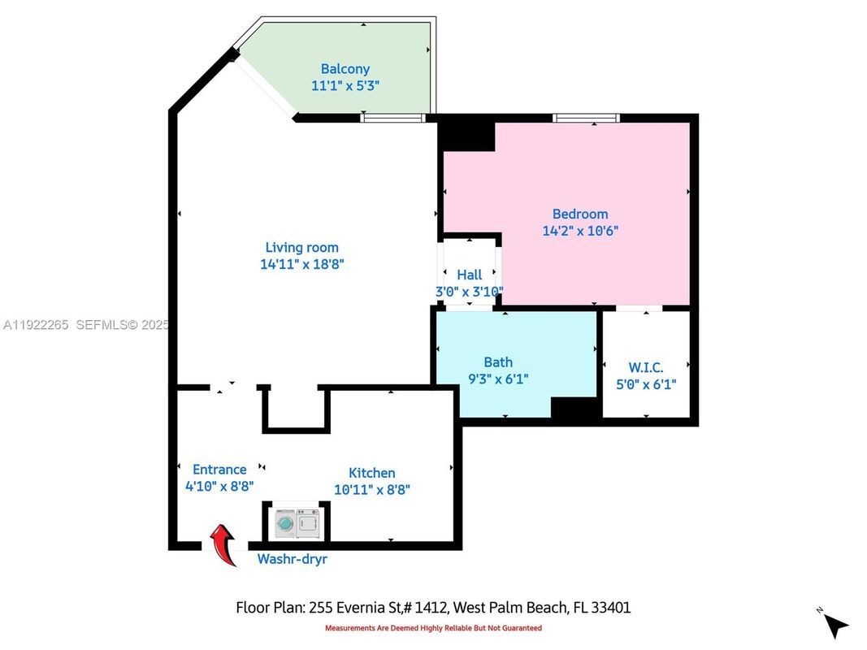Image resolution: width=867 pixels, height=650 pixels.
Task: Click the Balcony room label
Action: (x=345, y=69)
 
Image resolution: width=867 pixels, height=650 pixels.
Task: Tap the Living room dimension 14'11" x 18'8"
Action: (x=302, y=263)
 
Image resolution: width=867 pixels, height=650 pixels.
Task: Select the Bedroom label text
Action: (x=580, y=214)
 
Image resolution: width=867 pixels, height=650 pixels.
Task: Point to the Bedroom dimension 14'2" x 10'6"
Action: (x=580, y=231)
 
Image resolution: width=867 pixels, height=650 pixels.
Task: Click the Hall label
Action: (x=469, y=275)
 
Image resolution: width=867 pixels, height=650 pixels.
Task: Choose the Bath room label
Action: (x=498, y=362)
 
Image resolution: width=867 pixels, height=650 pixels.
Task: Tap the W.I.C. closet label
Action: (x=646, y=367)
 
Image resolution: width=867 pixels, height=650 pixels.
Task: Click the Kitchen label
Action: (x=371, y=473)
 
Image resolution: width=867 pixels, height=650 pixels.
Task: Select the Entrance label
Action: (x=219, y=469)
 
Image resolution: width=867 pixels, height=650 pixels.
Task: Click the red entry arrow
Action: (x=223, y=543)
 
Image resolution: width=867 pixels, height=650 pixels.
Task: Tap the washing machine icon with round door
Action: (x=284, y=524)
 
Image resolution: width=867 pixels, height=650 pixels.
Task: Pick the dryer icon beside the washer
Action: (x=308, y=524)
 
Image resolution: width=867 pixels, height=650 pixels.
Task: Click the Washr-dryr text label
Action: (x=292, y=559)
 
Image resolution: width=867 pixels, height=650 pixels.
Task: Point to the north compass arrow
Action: (x=834, y=624)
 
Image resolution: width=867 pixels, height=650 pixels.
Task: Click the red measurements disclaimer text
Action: (x=433, y=628)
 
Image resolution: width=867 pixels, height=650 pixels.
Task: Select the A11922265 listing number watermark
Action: (x=37, y=325)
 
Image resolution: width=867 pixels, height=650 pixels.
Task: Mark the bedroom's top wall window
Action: (x=586, y=118)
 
